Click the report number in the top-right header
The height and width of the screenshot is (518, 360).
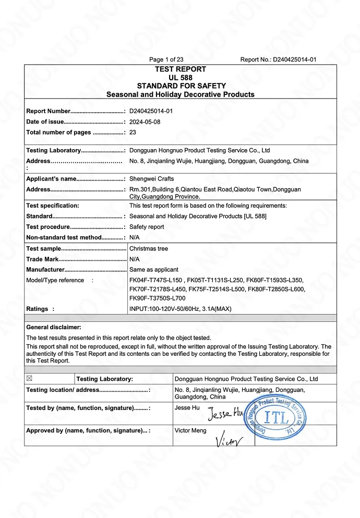click(294, 59)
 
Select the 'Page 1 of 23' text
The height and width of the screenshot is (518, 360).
click(166, 59)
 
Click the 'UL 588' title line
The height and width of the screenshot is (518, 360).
click(180, 77)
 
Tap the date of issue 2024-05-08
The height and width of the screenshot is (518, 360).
click(145, 122)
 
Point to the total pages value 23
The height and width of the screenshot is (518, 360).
click(133, 132)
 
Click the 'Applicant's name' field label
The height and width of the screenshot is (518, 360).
click(51, 179)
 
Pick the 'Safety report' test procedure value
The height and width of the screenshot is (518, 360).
click(147, 227)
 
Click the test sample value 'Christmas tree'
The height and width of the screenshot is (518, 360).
click(149, 249)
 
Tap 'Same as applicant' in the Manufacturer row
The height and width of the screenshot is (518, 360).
click(154, 270)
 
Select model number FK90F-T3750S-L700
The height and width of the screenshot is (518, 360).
click(157, 298)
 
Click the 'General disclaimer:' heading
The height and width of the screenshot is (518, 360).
click(54, 327)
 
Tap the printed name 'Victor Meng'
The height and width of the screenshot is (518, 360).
click(190, 430)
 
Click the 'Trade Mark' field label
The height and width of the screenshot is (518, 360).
click(42, 259)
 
